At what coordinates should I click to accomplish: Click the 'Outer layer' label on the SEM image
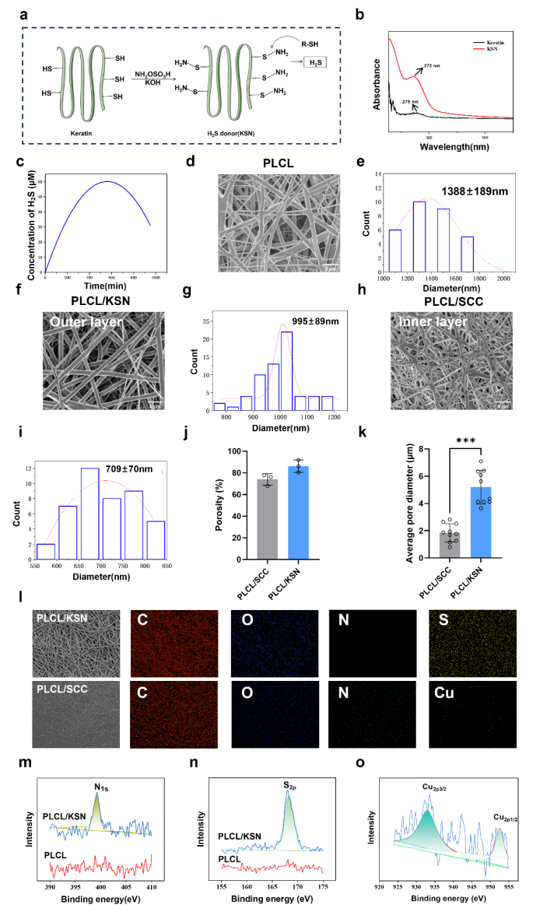tap(86, 322)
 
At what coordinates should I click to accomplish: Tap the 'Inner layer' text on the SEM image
tap(433, 322)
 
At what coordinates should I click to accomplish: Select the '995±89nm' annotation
tap(317, 322)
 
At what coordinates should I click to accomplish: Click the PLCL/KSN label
tap(61, 619)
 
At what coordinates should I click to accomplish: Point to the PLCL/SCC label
tap(61, 689)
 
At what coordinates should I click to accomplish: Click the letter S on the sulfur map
tap(444, 620)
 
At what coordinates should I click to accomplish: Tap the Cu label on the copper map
tap(444, 693)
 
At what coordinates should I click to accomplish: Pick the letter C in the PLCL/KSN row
tap(142, 620)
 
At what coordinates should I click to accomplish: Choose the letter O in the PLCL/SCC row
tap(247, 693)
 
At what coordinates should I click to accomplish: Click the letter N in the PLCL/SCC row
tap(343, 693)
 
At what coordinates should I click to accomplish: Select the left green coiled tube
tap(80, 82)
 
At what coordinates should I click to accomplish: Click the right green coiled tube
tap(228, 82)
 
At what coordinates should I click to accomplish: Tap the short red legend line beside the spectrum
tap(479, 49)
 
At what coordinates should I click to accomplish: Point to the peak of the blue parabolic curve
tap(107, 181)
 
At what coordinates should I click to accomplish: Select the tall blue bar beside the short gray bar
tap(480, 521)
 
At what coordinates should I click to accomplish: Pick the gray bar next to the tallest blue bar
tap(268, 518)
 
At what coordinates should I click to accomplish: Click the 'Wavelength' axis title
tap(451, 147)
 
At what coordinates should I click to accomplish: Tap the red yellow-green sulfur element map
tap(473, 644)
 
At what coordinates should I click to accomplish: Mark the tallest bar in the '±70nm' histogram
tap(89, 513)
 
